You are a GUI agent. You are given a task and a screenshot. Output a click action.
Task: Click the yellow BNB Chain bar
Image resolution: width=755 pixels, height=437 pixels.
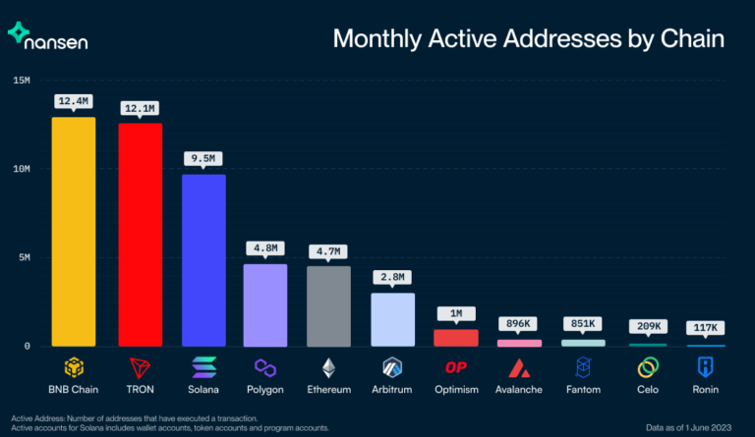[x=74, y=231]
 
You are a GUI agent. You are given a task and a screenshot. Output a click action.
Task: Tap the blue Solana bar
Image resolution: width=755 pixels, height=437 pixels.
[x=203, y=259]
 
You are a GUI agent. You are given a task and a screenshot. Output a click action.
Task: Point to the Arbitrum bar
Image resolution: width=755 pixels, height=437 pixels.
[x=392, y=319]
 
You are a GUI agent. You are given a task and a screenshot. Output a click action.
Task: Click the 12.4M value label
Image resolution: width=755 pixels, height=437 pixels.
[x=74, y=100]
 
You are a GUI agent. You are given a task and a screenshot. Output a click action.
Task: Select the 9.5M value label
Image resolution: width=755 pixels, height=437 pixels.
[x=203, y=157]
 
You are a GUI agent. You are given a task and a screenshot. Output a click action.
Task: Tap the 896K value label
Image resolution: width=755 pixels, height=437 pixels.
[x=518, y=323]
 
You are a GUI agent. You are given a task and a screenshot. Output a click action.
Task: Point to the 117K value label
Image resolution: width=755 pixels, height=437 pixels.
[x=705, y=326]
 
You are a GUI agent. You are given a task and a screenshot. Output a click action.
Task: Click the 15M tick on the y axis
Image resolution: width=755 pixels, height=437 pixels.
[x=21, y=80]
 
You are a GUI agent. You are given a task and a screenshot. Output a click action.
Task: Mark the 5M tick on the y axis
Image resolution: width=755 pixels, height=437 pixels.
[x=21, y=257]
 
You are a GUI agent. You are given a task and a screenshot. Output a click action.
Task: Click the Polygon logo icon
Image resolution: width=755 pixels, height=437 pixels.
[x=265, y=367]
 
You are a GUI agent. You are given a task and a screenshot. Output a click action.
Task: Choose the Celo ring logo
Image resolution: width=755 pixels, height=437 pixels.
[x=647, y=367]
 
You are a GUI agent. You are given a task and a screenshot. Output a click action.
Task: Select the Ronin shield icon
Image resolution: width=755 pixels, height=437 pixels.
[x=705, y=367]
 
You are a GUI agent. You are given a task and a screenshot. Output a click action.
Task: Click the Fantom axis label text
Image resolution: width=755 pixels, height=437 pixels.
[x=582, y=390]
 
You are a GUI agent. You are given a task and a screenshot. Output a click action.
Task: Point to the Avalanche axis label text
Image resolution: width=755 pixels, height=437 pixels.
[x=518, y=390]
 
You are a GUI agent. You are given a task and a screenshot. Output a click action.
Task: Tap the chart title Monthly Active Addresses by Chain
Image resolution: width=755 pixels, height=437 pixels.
[x=528, y=39]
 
